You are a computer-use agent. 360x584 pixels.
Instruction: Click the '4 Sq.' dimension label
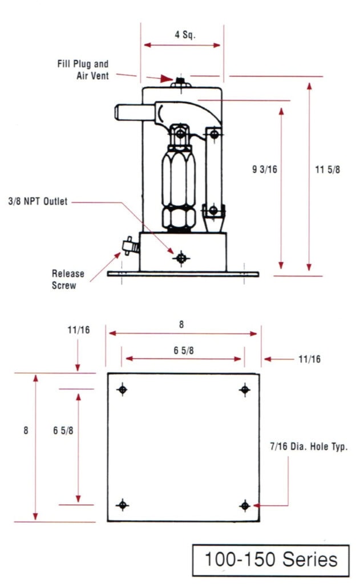click(185, 34)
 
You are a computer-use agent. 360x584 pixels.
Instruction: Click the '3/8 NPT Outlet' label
click(38, 201)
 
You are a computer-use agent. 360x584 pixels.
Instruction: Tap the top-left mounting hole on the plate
click(122, 390)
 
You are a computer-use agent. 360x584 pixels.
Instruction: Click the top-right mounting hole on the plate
click(245, 390)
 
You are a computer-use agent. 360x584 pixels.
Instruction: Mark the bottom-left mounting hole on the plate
click(122, 505)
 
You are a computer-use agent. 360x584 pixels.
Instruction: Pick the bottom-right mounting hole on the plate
click(245, 505)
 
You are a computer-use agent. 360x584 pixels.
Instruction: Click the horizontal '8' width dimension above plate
click(181, 324)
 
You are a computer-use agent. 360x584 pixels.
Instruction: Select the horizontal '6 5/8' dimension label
click(184, 351)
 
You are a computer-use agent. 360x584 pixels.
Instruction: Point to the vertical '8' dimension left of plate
click(26, 431)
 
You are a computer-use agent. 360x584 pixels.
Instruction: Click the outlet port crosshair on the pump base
click(181, 258)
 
